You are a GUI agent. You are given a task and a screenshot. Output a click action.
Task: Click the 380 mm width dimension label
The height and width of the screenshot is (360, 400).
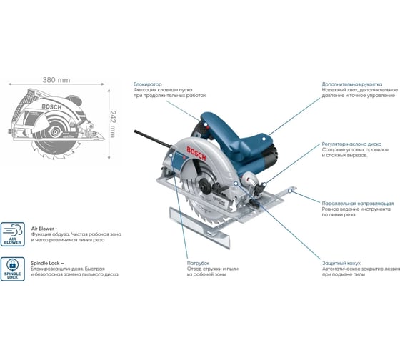coord(56,80)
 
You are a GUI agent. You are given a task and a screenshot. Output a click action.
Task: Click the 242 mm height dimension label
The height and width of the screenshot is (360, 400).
coord(113,124)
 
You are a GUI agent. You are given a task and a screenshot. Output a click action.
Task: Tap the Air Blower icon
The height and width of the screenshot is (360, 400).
coord(13,234)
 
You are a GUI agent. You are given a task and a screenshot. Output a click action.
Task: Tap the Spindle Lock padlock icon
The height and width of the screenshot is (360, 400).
coord(13,269)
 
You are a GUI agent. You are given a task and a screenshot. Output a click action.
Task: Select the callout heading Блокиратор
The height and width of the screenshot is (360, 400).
coord(147,84)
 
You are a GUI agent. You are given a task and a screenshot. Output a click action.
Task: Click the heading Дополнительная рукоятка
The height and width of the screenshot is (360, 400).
coord(352,84)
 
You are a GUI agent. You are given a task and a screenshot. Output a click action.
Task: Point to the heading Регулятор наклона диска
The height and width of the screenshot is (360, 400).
coord(351,144)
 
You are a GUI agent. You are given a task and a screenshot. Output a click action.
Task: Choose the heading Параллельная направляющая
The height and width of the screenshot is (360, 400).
coord(358,204)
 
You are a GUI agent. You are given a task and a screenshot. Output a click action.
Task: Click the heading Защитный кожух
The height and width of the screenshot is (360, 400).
coord(341,263)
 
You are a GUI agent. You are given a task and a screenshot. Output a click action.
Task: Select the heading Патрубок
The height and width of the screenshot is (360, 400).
coord(199,263)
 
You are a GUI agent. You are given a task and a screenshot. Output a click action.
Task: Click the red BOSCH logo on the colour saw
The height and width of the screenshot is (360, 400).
coord(196,154)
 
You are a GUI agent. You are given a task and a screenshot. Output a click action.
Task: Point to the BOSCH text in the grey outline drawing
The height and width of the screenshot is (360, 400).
coord(51,107)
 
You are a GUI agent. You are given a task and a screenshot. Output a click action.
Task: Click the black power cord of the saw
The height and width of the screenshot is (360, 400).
coord(153,139)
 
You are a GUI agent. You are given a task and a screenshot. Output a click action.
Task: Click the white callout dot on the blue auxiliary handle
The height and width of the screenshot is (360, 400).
coord(264,139)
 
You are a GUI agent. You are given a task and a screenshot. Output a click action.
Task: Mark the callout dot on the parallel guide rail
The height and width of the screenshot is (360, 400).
coord(290,191)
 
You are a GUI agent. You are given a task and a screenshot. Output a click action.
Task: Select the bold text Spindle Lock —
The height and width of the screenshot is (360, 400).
coord(47,263)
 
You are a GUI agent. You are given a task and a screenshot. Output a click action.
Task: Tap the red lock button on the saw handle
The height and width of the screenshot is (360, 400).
coord(206,126)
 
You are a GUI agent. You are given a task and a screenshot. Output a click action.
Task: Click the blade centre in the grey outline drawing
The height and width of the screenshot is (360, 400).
coord(55,132)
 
